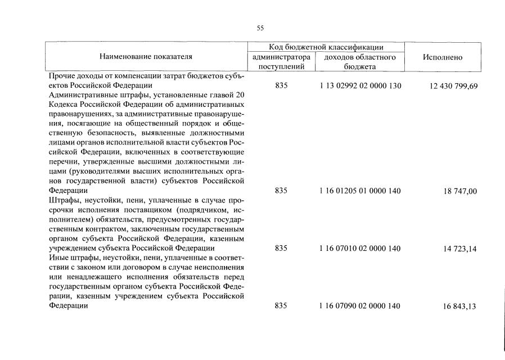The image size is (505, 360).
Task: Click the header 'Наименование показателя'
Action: pos(146,57)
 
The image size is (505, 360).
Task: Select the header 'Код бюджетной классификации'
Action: pos(326,47)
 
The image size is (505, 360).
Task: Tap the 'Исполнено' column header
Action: pos(443,57)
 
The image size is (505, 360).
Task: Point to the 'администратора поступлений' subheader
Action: pos(281,62)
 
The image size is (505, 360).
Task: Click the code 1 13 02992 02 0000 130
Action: pos(360,86)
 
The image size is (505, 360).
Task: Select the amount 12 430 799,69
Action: pos(448,86)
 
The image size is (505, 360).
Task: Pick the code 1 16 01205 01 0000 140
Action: pos(360,191)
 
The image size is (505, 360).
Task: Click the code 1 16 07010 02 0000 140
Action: pos(360,248)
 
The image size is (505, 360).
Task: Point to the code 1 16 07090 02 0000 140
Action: pos(360,305)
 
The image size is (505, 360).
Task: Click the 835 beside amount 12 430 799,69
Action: pos(281,86)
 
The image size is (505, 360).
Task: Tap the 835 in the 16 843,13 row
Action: pos(281,305)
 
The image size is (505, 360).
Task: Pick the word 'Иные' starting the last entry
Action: pos(58,258)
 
